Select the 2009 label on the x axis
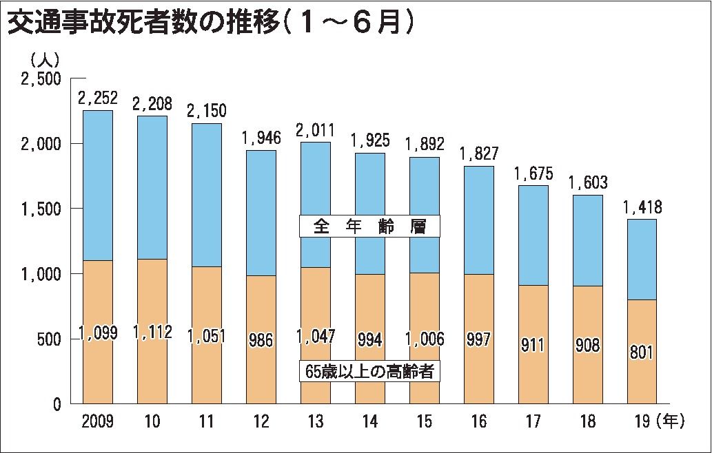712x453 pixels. click(x=97, y=421)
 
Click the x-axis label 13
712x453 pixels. click(x=315, y=421)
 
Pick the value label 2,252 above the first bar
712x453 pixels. click(x=97, y=99)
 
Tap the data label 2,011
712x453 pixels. click(x=315, y=131)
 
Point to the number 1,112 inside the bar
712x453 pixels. click(x=152, y=334)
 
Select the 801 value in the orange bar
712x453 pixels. click(x=642, y=355)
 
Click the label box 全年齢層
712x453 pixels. click(x=370, y=226)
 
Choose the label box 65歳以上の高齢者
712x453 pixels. click(x=370, y=370)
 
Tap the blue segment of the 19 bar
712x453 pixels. click(x=642, y=259)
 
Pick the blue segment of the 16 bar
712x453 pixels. click(x=478, y=220)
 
